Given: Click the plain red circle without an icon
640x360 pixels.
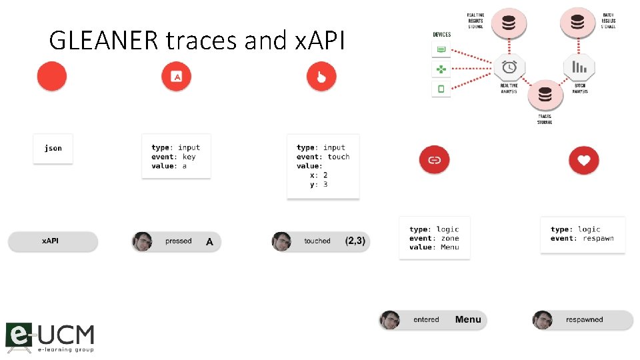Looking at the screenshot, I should click(x=52, y=77).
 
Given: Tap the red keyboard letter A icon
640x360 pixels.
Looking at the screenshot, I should click(x=176, y=77).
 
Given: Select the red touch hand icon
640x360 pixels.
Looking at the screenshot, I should click(x=321, y=77).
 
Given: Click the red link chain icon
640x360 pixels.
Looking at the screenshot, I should click(x=434, y=160).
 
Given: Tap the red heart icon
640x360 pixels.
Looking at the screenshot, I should click(x=584, y=160).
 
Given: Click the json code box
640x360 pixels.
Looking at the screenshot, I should click(x=53, y=148).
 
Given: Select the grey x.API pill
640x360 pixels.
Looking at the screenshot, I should click(x=53, y=241).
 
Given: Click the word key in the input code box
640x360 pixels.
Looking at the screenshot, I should click(x=189, y=157).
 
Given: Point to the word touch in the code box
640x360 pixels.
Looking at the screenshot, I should click(x=338, y=157).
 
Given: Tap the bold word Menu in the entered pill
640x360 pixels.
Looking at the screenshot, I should click(x=468, y=320).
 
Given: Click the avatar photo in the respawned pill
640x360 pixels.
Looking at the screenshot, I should click(x=543, y=320).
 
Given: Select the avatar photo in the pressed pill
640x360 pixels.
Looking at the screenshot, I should click(x=142, y=241).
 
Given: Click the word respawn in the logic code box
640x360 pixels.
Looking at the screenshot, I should click(x=598, y=238).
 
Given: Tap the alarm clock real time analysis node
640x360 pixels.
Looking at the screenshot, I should click(x=509, y=67).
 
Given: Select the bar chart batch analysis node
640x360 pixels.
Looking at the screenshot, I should click(x=579, y=67).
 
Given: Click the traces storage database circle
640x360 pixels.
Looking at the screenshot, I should click(x=545, y=95).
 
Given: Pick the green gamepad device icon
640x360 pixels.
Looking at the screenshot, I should click(x=441, y=69).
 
